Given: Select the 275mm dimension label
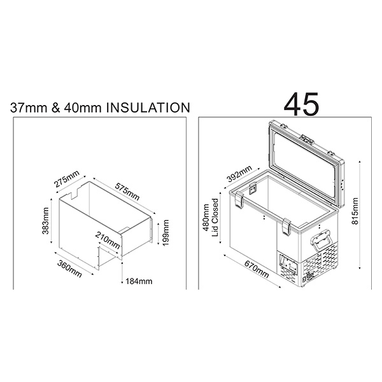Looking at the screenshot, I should pyautogui.click(x=66, y=179).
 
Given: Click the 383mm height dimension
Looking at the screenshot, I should pyautogui.click(x=45, y=220).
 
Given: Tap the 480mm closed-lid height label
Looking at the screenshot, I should pyautogui.click(x=206, y=220).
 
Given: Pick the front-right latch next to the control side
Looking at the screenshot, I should pyautogui.click(x=286, y=225).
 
